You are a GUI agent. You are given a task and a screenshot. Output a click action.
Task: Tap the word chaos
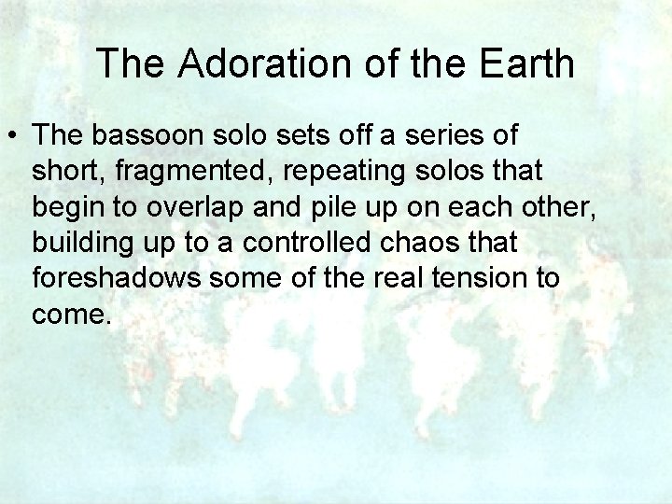421,244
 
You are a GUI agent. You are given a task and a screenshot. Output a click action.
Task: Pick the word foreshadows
110,279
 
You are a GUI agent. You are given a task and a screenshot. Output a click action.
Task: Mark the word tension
480,279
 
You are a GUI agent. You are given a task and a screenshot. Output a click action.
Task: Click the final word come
70,315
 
